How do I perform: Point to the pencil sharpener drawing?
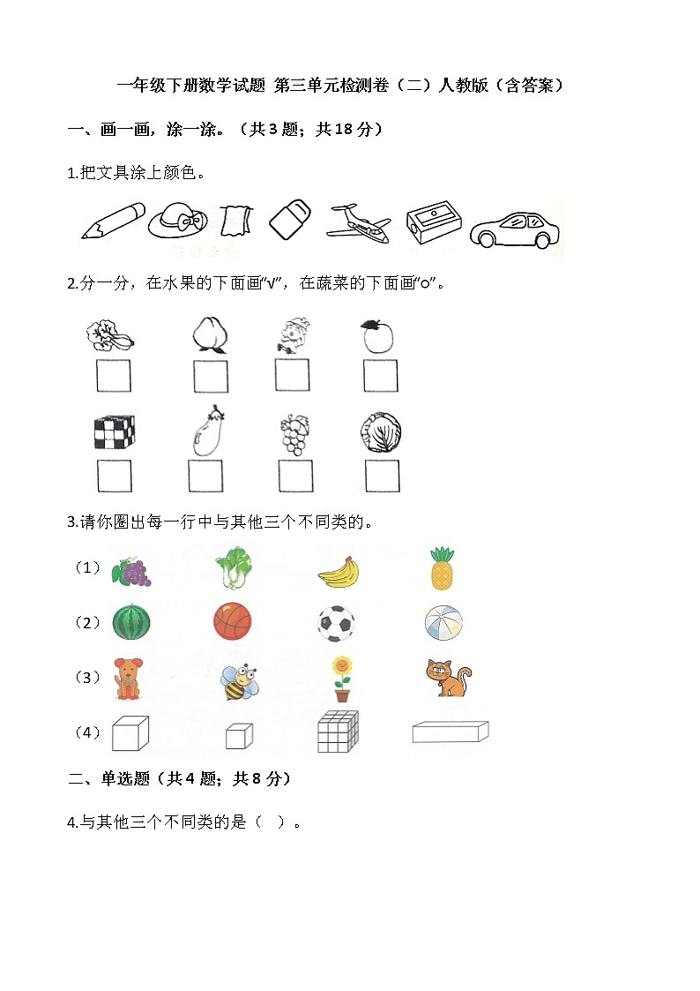(x=434, y=224)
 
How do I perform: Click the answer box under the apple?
(x=380, y=376)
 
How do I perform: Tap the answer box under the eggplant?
(x=205, y=477)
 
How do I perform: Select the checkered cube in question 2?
(x=114, y=432)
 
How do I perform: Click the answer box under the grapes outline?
(x=294, y=477)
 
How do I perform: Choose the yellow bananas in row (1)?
(x=339, y=573)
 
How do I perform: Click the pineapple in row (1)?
(x=442, y=568)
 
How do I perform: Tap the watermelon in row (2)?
(x=131, y=622)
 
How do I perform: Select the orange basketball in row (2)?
(x=232, y=622)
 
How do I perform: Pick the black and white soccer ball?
(x=336, y=623)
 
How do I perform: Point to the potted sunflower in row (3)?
(x=341, y=679)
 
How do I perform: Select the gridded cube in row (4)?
(x=339, y=732)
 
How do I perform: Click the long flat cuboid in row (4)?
(x=450, y=732)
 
